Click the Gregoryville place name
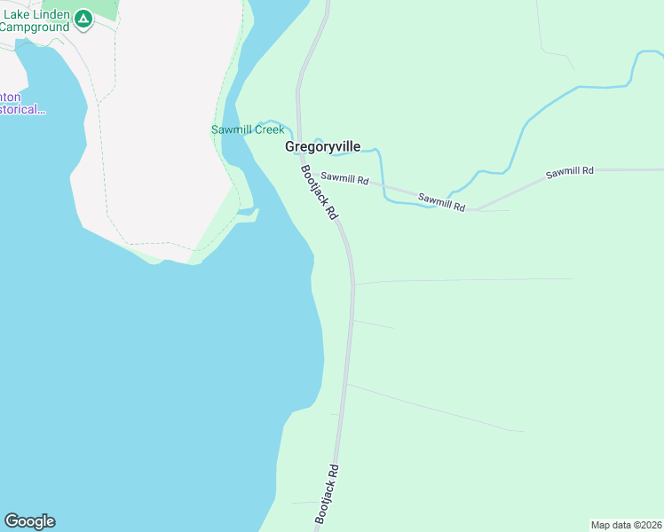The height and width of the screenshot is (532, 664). [x=322, y=147]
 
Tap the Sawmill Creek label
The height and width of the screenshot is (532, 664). [x=248, y=129]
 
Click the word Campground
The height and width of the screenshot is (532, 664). [x=36, y=27]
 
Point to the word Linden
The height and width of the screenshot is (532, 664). [x=50, y=15]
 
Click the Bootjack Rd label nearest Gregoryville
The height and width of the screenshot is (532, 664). [x=320, y=192]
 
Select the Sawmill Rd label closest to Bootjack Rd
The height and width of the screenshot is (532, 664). [x=344, y=179]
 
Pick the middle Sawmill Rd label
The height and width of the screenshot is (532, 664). [x=442, y=202]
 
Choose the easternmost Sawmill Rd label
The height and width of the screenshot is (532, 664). [x=569, y=171]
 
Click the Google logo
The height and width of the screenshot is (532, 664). [x=29, y=521]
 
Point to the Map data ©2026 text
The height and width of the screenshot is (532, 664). [x=627, y=525]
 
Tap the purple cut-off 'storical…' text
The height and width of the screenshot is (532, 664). [x=22, y=110]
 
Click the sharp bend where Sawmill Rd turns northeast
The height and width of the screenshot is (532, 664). [x=475, y=209]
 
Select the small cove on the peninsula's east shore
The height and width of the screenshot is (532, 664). [x=249, y=214]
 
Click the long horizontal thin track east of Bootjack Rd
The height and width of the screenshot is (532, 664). [x=462, y=280]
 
